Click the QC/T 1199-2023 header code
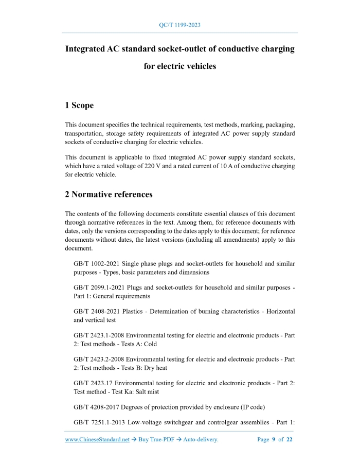180,25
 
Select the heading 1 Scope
79,105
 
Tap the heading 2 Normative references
109,194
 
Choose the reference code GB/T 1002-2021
97,264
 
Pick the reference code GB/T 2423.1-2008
100,335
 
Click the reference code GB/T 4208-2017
97,407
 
